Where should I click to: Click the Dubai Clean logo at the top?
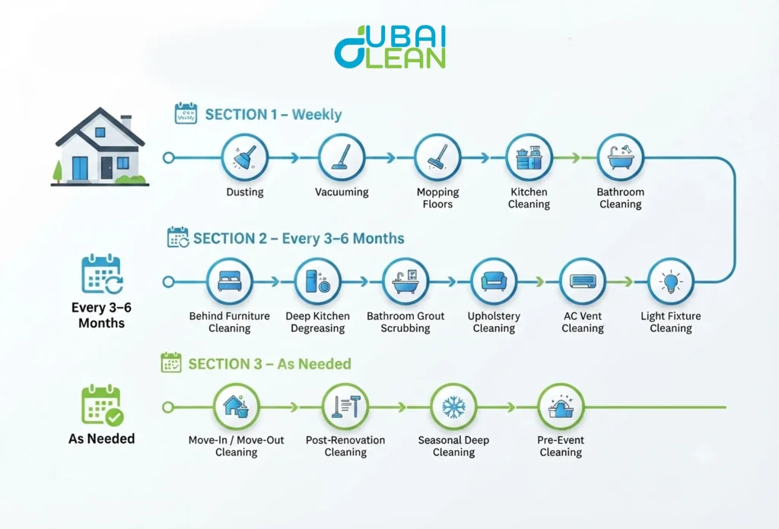coord(390,46)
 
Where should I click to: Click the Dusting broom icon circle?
coord(244,158)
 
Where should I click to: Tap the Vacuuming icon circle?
coord(342,158)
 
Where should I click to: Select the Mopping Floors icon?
coord(437,158)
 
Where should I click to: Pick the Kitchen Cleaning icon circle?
coord(529,158)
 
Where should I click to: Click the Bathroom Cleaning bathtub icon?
coord(621,158)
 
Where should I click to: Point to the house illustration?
coord(100,147)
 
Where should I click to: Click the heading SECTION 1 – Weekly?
coord(273,115)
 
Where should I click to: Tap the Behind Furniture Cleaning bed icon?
coord(230,282)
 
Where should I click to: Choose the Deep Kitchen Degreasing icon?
coord(318,282)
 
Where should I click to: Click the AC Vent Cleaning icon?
coord(583,282)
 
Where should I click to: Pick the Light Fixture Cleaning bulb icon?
coord(671,282)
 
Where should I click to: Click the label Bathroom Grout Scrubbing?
coord(405,322)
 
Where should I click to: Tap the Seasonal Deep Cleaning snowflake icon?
coord(453,407)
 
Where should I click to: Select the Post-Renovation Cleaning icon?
coord(346,407)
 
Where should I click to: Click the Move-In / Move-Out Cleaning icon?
coord(237,407)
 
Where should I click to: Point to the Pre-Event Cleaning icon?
coord(561,407)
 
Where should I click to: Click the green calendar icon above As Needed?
coord(103,405)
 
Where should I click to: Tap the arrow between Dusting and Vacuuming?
coord(294,158)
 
